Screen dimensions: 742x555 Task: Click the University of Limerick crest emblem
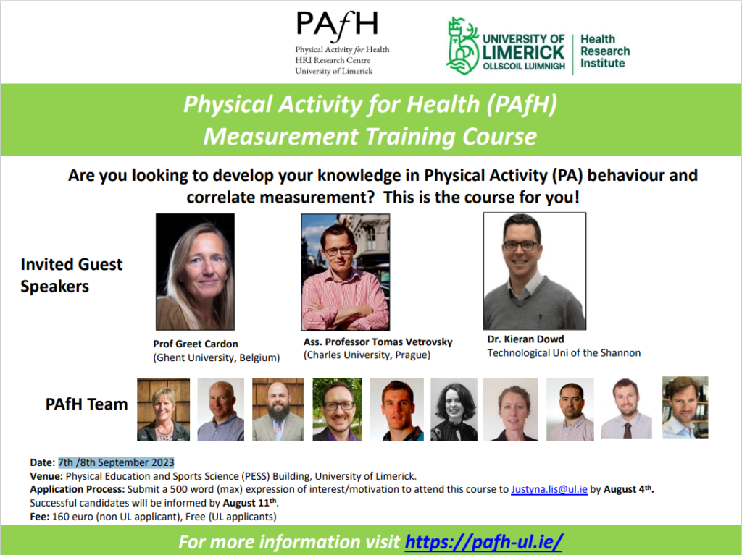pos(462,46)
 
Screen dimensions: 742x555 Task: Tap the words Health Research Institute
pos(605,51)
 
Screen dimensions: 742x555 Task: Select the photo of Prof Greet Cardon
pos(195,272)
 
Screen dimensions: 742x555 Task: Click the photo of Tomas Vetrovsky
pos(346,272)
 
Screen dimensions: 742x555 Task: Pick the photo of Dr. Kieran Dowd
pos(535,271)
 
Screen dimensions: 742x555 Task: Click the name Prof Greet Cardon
pos(196,344)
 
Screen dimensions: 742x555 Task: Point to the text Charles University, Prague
pos(367,355)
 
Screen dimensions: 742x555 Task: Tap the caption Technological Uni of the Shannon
pos(564,352)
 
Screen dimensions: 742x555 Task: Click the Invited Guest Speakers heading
pos(72,275)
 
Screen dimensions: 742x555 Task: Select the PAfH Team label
pos(87,404)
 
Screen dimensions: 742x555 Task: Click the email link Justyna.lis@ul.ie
pos(549,489)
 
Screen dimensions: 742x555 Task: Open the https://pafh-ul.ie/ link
pos(483,542)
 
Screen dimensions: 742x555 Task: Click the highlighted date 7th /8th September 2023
pos(116,462)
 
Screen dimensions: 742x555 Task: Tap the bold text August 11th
pos(250,502)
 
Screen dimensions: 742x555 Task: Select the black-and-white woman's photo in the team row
pos(454,410)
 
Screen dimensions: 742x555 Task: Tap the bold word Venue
pos(46,476)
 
